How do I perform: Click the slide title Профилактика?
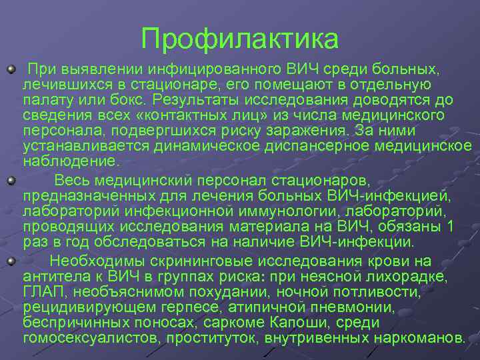point(240,38)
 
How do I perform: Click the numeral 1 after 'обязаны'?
point(451,227)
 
